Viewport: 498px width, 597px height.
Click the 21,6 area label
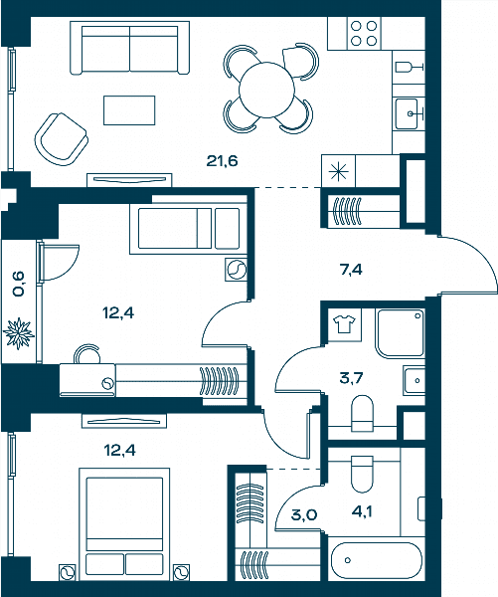(x=222, y=161)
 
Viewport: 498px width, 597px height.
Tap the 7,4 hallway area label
(x=351, y=270)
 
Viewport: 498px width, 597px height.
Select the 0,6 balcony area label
(x=18, y=284)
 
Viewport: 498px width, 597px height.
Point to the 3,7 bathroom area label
(x=351, y=378)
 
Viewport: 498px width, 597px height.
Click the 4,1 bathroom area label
(x=362, y=511)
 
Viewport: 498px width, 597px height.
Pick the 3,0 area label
(x=304, y=514)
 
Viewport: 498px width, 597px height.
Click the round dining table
(x=266, y=90)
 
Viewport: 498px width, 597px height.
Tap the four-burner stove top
(x=364, y=33)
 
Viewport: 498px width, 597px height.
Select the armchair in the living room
(x=61, y=139)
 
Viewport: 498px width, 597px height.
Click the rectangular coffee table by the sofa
(x=129, y=110)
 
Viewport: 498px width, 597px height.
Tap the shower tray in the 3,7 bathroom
(x=400, y=333)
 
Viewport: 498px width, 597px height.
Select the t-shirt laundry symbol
(x=344, y=324)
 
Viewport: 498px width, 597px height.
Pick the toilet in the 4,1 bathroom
(x=362, y=474)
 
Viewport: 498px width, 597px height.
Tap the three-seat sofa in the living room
(x=130, y=48)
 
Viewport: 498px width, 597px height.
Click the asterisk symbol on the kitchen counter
(x=338, y=171)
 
